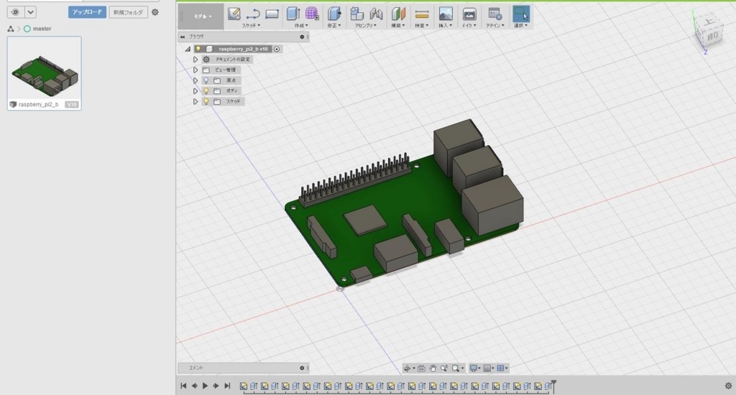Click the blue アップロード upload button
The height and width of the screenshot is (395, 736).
[87, 12]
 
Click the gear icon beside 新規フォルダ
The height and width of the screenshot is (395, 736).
[155, 12]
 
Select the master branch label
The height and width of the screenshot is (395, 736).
[42, 29]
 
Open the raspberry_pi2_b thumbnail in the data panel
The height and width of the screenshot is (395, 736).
[44, 68]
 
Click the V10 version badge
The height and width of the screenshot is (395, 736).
[71, 105]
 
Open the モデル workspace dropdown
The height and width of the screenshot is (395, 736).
[201, 16]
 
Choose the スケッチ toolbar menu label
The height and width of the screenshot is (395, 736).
[251, 25]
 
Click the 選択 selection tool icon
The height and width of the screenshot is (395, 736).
[520, 13]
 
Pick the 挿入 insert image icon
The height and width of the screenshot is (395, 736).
[446, 13]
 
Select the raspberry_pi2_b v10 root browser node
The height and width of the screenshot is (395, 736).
[242, 49]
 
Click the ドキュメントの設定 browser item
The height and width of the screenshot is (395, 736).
[233, 60]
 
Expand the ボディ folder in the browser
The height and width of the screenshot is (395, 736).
[195, 91]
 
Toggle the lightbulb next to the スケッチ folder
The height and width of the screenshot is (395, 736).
[206, 102]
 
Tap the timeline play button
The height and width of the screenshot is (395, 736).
[205, 386]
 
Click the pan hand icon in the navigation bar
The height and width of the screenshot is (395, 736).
[433, 368]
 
